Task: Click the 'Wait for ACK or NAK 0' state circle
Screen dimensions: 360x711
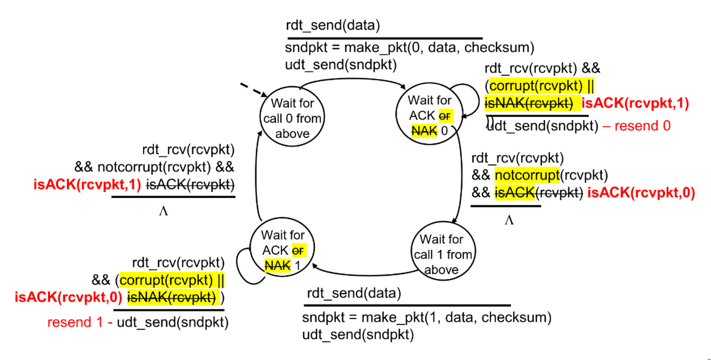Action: (430, 115)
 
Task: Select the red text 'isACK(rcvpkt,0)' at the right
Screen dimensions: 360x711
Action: (641, 192)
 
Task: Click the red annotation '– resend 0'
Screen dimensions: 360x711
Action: (636, 126)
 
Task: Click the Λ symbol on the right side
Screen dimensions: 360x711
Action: (508, 220)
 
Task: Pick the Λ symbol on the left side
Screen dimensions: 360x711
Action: (163, 211)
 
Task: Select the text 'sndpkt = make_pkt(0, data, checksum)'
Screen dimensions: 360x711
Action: (410, 48)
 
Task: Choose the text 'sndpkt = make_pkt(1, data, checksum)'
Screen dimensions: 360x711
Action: (427, 317)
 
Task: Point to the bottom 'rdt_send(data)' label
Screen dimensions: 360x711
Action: (354, 294)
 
